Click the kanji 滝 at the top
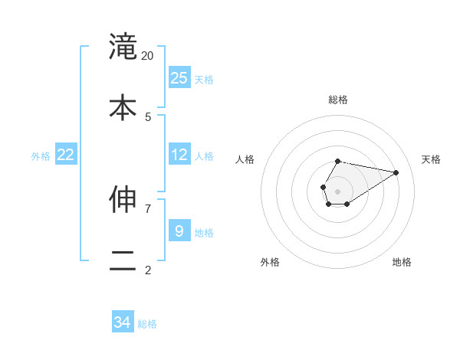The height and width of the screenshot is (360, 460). (x=123, y=46)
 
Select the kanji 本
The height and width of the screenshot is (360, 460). (x=123, y=106)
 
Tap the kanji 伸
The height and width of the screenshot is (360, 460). (x=123, y=199)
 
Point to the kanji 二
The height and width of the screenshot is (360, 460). (x=123, y=259)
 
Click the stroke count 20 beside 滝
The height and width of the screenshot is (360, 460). (x=148, y=55)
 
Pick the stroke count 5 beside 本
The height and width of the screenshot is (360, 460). (x=148, y=116)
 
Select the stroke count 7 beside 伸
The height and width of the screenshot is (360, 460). (x=148, y=208)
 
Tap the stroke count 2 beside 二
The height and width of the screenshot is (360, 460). (x=148, y=269)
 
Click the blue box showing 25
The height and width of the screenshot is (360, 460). (x=179, y=78)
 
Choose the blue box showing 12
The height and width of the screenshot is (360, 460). (x=179, y=155)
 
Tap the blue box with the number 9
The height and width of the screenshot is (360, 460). (x=179, y=231)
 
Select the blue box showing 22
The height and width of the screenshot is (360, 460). (x=66, y=155)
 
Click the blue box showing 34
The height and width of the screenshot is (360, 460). (x=123, y=322)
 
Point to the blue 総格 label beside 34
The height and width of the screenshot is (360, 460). (x=147, y=324)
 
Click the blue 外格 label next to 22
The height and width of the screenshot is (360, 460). (x=41, y=156)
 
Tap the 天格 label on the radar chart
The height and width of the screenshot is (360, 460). (x=431, y=159)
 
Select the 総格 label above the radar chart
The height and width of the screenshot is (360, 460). (x=338, y=100)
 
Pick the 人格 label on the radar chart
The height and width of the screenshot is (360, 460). (x=245, y=159)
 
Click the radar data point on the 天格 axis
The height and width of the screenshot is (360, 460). (x=396, y=172)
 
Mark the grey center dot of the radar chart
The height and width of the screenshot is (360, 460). (x=337, y=191)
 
